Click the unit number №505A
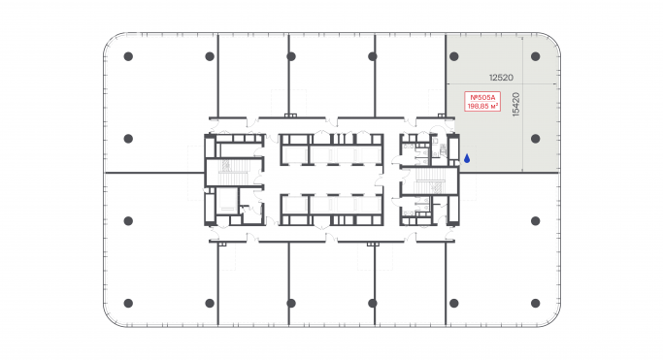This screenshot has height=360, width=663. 482,97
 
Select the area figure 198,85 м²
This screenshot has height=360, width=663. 482,107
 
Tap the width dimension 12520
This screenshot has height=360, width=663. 501,76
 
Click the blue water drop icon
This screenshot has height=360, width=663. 466,157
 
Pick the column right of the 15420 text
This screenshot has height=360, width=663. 535,138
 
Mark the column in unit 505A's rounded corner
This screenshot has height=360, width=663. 535,56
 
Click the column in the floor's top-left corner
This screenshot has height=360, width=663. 127,56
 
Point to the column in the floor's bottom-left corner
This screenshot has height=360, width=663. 127,301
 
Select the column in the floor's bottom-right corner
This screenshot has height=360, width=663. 535,301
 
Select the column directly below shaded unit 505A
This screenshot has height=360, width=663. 535,219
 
